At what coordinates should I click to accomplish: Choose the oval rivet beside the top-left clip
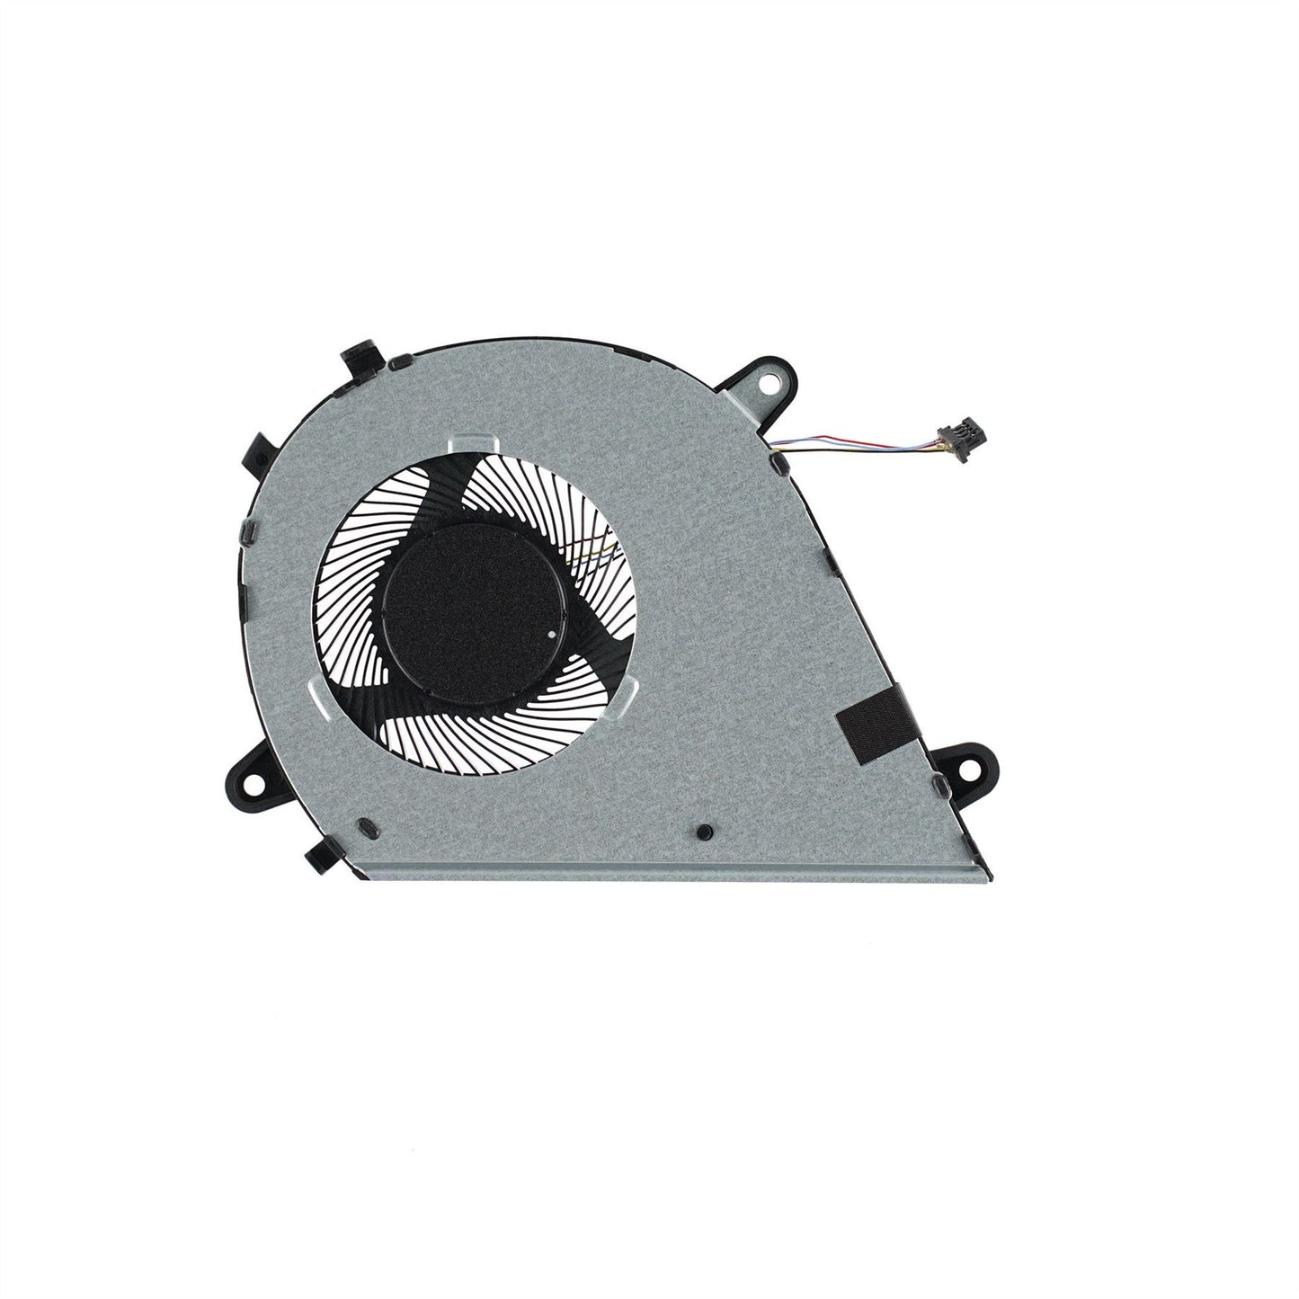click(396, 364)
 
